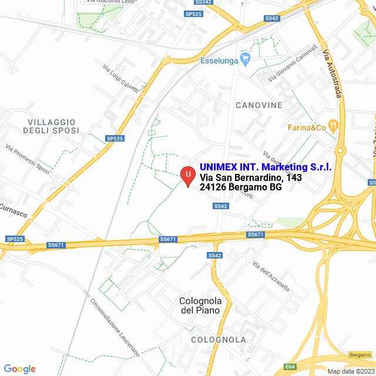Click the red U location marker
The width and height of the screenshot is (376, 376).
pos(187,175)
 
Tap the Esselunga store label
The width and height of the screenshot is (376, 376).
pos(219,60)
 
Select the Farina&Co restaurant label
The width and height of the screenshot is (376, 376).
pos(307,127)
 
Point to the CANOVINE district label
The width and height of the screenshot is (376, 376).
pos(258,105)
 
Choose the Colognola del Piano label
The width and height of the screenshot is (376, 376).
pos(200,305)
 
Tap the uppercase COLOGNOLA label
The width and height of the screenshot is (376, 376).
pos(218,340)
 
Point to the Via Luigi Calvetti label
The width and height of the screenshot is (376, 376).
pos(120,79)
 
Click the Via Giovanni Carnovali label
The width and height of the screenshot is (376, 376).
pos(292,63)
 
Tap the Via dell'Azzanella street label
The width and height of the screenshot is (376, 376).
pos(271,276)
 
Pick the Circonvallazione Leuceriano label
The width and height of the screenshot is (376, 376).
pos(114,327)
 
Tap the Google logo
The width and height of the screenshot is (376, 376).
pos(19,369)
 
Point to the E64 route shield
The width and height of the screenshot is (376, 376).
pos(290,367)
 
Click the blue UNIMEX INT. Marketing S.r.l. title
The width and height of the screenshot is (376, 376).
pos(266,167)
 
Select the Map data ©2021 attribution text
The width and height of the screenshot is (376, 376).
pos(350,371)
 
